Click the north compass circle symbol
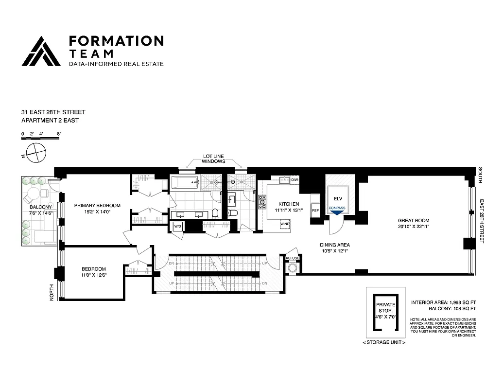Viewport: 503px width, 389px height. [34, 153]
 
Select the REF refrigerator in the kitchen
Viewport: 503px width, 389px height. [315, 211]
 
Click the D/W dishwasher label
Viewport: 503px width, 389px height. [294, 180]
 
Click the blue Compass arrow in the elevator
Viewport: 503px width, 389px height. [336, 212]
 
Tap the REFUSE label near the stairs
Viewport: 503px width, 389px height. [292, 258]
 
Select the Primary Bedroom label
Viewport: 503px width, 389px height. [97, 205]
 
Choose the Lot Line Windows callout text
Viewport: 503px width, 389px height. [213, 159]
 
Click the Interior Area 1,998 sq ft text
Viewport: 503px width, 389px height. [443, 301]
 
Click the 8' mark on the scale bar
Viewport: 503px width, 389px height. [58, 133]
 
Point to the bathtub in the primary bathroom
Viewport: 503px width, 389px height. [185, 183]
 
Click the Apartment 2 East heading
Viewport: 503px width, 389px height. [50, 120]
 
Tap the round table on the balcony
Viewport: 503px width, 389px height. [33, 195]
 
